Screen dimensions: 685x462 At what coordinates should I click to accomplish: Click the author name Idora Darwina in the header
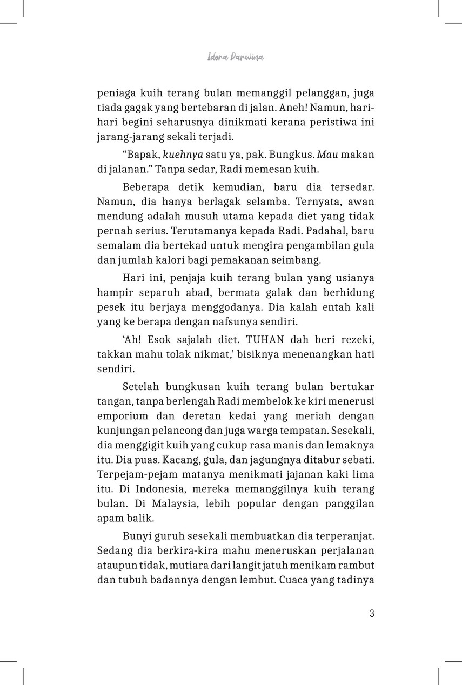[236, 57]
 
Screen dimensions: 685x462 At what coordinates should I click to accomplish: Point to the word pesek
[111, 307]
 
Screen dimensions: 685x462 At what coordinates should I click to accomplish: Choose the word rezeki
[357, 340]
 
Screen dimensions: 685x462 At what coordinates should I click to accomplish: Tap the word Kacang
[169, 460]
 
